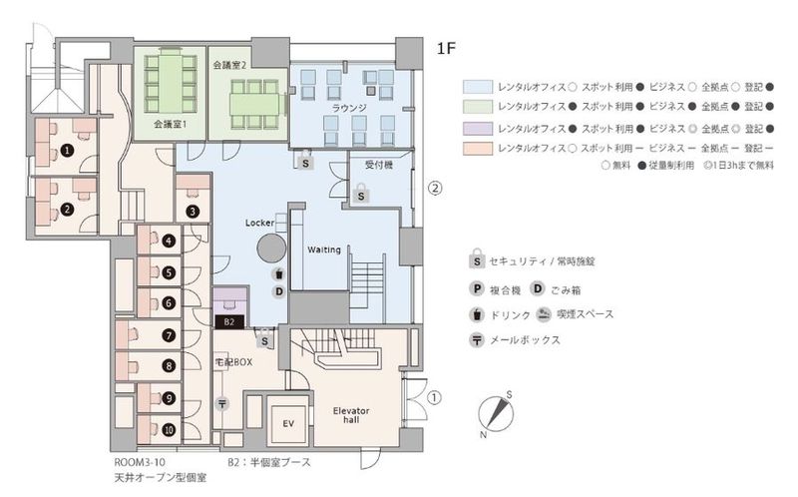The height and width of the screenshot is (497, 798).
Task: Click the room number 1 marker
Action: (66, 150)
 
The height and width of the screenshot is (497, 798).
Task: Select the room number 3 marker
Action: (193, 212)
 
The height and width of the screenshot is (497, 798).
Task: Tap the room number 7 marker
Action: (170, 336)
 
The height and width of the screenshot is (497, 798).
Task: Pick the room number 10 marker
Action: (170, 430)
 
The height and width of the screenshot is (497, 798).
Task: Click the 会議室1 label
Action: (172, 126)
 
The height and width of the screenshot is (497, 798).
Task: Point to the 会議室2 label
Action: (229, 64)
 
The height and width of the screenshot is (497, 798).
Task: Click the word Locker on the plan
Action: (259, 223)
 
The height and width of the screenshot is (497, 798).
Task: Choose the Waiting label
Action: (325, 248)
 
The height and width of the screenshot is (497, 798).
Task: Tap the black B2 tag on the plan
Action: (228, 322)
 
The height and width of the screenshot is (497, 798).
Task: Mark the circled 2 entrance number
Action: (435, 187)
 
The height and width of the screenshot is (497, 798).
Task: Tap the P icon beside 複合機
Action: (480, 290)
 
